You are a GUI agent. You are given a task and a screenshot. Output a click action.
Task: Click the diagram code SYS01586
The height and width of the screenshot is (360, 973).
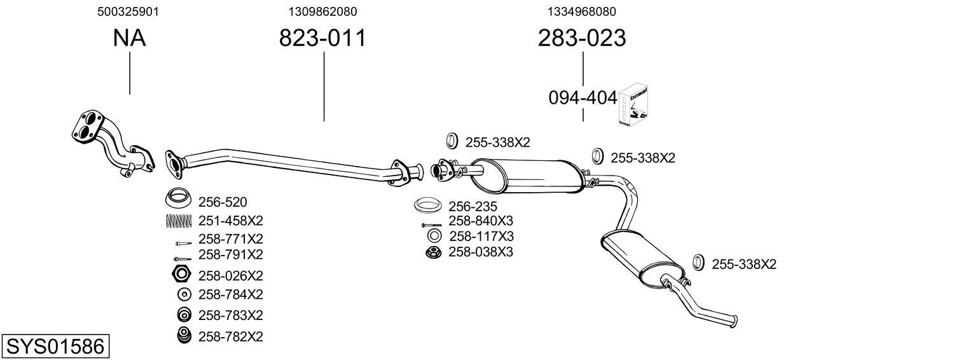(x=55, y=347)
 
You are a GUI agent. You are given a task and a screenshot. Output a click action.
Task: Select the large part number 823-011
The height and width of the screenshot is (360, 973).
(x=323, y=38)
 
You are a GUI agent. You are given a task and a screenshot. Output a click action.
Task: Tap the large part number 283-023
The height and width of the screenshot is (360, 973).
(x=582, y=38)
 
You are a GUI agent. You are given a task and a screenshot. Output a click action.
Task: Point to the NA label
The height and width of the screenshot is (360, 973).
(x=129, y=38)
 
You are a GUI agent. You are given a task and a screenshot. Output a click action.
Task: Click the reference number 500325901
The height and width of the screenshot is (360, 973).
(x=128, y=11)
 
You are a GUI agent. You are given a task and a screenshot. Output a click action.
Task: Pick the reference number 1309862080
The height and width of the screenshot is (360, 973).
(x=322, y=11)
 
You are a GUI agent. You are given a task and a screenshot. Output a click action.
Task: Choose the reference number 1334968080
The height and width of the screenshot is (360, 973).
(x=581, y=11)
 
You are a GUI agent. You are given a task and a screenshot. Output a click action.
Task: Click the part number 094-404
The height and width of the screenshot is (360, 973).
(x=583, y=98)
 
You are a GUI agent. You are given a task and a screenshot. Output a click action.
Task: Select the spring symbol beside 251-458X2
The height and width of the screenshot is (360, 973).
(x=179, y=221)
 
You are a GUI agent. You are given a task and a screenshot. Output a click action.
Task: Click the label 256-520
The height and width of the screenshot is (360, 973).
(x=223, y=202)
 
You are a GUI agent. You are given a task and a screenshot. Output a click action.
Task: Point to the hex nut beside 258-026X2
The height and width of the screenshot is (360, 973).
(x=181, y=275)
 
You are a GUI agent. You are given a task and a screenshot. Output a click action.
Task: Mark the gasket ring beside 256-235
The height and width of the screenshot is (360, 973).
(x=429, y=206)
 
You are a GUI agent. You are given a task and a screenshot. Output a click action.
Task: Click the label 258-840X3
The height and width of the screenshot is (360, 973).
(x=481, y=221)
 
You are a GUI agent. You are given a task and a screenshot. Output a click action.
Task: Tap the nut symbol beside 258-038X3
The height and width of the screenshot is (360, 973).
(x=433, y=253)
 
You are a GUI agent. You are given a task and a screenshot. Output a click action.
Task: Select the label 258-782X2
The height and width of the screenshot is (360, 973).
(x=231, y=336)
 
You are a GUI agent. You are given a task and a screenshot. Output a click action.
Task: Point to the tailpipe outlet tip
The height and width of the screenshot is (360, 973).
(x=735, y=319)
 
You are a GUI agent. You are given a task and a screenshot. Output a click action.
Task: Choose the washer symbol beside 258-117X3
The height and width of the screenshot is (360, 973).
(x=434, y=236)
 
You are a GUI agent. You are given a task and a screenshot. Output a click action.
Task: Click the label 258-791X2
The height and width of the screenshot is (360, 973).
(x=231, y=254)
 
